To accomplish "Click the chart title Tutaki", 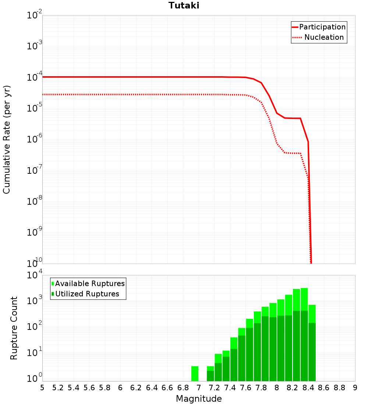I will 184,6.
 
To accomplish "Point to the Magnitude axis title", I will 199,398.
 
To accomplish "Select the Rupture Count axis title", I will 14,328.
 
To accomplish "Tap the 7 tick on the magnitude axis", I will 199,387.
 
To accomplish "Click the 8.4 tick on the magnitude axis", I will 308,387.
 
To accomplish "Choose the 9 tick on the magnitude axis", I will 355,387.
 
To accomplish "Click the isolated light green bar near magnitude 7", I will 195,373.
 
